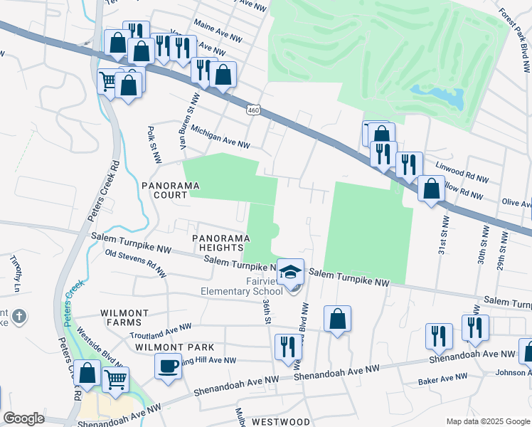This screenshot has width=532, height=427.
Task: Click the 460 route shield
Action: (x=254, y=110)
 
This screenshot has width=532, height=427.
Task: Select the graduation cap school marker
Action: (x=291, y=273)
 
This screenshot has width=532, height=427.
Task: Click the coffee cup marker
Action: (x=168, y=366)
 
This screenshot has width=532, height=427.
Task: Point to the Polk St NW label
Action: (x=152, y=143)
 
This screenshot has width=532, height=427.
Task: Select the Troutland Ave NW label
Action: (x=161, y=330)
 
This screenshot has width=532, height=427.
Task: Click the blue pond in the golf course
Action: (x=439, y=96)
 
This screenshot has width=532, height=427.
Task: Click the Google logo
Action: (x=23, y=418)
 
